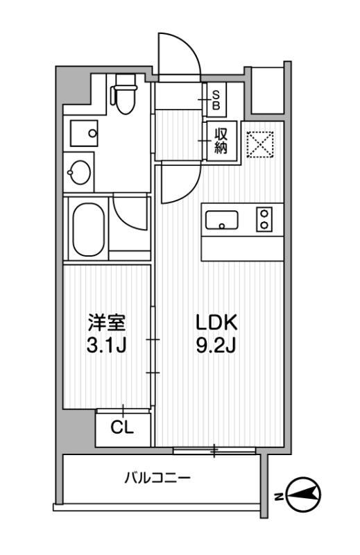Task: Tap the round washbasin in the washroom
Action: tap(79, 171)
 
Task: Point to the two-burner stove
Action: tap(264, 220)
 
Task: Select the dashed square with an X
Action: tap(262, 144)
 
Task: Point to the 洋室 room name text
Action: tap(106, 323)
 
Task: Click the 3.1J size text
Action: tap(106, 345)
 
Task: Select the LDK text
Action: tap(216, 323)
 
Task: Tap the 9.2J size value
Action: tap(216, 345)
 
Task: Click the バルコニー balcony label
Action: tap(158, 478)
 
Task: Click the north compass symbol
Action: tap(304, 494)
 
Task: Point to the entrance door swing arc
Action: tap(179, 55)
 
